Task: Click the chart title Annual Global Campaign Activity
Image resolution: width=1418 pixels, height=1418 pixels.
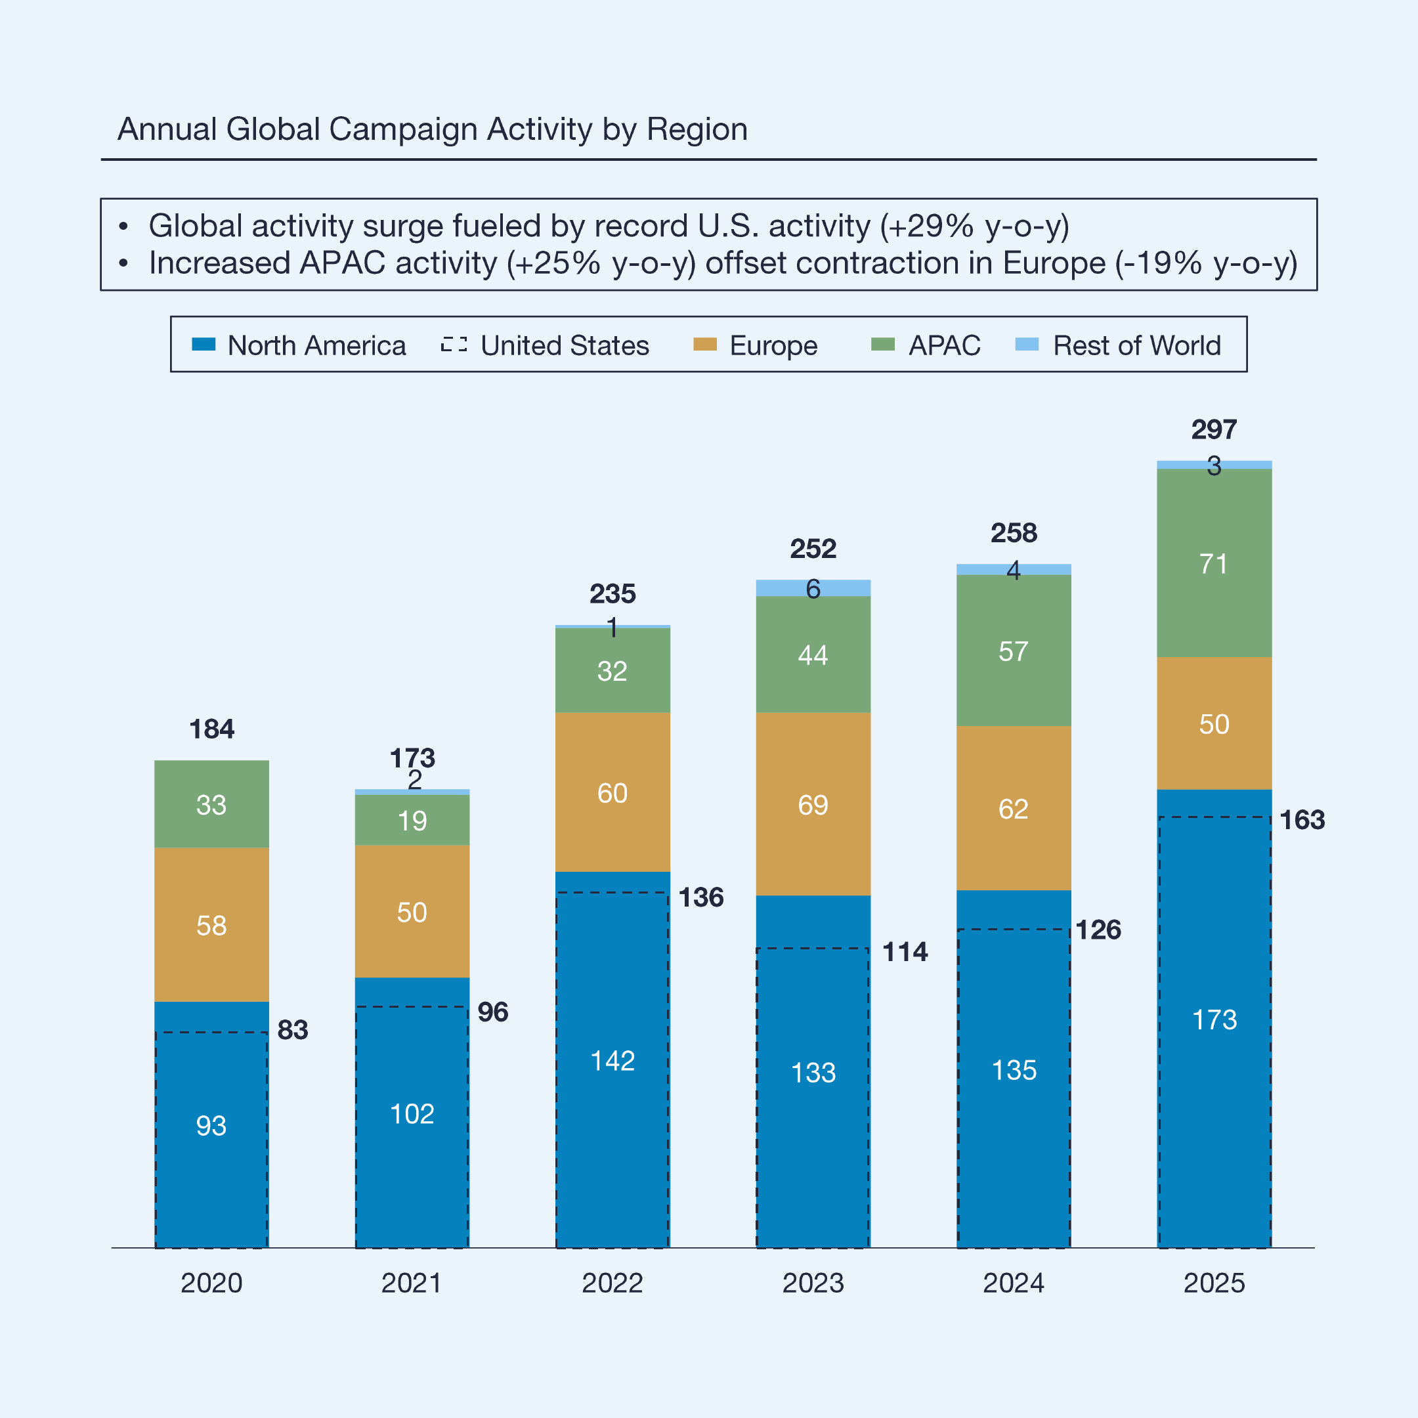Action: click(433, 129)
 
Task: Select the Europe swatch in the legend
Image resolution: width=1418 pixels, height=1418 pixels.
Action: click(704, 344)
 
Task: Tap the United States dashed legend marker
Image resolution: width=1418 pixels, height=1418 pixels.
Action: click(454, 344)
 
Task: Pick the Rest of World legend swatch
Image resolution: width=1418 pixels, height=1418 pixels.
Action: click(1027, 344)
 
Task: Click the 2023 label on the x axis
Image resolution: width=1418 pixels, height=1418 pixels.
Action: click(813, 1283)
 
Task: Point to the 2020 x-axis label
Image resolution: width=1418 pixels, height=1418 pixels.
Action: click(211, 1283)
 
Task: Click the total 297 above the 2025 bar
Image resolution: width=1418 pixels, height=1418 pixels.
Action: click(1214, 429)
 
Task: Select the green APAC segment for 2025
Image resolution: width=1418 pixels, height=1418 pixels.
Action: click(1214, 563)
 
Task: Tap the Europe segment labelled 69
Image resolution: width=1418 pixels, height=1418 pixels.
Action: click(813, 804)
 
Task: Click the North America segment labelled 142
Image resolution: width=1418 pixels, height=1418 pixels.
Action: click(612, 1061)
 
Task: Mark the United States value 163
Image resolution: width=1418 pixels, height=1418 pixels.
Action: click(1302, 820)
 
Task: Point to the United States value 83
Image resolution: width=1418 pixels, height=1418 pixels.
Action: click(292, 1030)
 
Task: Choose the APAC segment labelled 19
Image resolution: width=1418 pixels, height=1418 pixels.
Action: click(412, 820)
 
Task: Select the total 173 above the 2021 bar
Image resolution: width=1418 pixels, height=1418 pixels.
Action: click(412, 758)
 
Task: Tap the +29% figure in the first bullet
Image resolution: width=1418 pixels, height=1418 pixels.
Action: click(930, 226)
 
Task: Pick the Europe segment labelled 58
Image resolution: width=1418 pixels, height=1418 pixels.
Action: click(211, 925)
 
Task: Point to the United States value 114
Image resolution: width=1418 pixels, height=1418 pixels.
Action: click(905, 952)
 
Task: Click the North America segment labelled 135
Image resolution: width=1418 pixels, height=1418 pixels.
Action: click(1014, 1070)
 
